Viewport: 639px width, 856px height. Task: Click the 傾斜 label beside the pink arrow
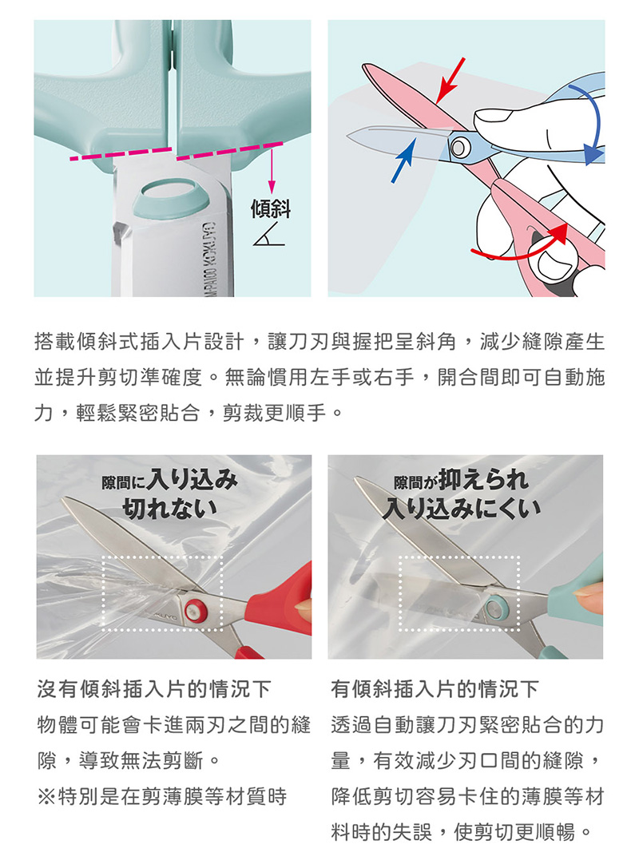click(270, 208)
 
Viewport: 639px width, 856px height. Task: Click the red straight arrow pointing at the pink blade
click(450, 80)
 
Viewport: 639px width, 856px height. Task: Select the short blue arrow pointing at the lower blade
click(403, 160)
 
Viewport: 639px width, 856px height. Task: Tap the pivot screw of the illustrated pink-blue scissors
click(458, 146)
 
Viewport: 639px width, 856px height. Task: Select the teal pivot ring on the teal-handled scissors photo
click(494, 607)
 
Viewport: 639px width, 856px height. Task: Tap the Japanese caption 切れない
click(170, 509)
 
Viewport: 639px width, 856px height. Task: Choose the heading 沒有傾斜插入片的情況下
click(154, 689)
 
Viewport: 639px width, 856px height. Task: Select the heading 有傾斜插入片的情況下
click(435, 689)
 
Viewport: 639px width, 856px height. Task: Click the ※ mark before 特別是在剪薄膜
click(46, 796)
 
